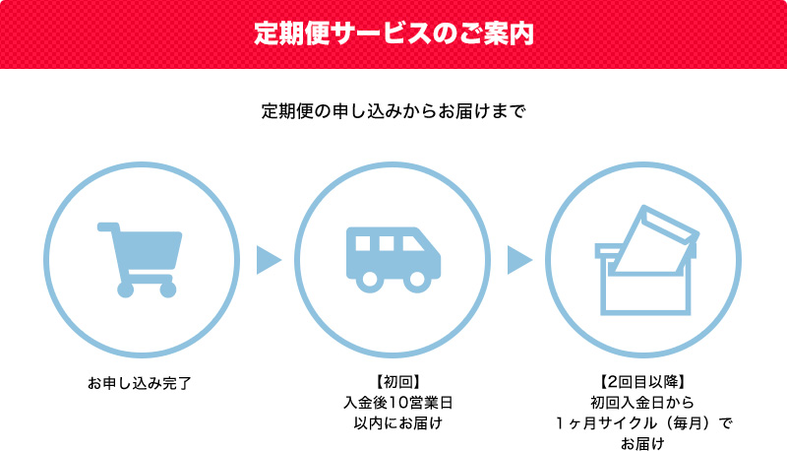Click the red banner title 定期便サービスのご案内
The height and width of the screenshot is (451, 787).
point(393,33)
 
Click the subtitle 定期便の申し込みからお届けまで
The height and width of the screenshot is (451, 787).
point(393,109)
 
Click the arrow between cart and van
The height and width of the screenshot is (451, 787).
point(268,260)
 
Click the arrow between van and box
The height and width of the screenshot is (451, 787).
point(519,260)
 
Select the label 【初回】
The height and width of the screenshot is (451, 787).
point(393,382)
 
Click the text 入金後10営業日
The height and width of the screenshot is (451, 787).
point(393,403)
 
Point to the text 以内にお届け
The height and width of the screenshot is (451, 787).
point(393,423)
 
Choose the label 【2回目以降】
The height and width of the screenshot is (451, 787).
point(643,382)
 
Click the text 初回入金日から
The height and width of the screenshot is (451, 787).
point(643,403)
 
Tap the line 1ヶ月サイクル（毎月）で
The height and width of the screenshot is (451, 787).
point(643,423)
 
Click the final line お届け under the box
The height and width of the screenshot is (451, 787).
point(643,443)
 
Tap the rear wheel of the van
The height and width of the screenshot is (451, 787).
point(370,279)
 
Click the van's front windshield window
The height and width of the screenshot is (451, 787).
point(415,244)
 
